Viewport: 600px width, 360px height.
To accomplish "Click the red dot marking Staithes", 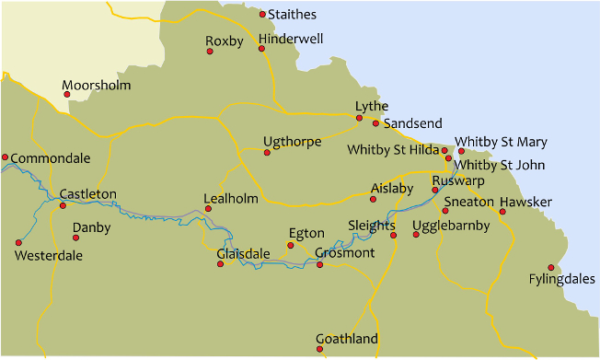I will click(x=262, y=14).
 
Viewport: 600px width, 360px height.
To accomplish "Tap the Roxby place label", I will click(x=225, y=41).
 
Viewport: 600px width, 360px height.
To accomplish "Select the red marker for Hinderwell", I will click(x=262, y=49).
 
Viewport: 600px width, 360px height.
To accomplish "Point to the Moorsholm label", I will click(x=96, y=86).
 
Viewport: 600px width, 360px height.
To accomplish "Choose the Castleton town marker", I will click(x=63, y=204).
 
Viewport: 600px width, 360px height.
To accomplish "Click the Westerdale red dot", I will click(x=17, y=242).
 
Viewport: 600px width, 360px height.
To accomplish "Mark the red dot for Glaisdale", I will click(x=220, y=264).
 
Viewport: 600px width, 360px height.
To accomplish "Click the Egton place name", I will click(x=306, y=233).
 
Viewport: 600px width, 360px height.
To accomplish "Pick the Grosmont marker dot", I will click(x=319, y=264).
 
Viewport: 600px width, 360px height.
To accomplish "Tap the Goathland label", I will click(x=346, y=339).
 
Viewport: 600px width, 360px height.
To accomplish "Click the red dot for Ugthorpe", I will click(x=267, y=152).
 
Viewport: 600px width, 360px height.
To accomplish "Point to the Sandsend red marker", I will click(x=375, y=122).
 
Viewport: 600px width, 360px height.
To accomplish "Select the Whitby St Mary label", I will click(x=501, y=142).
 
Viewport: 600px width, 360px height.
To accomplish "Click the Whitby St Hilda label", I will click(x=392, y=149).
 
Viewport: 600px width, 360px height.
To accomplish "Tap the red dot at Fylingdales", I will click(x=551, y=268).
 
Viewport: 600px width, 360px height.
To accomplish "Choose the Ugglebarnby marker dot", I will click(x=416, y=235).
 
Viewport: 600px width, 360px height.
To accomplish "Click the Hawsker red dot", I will click(x=502, y=213).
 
